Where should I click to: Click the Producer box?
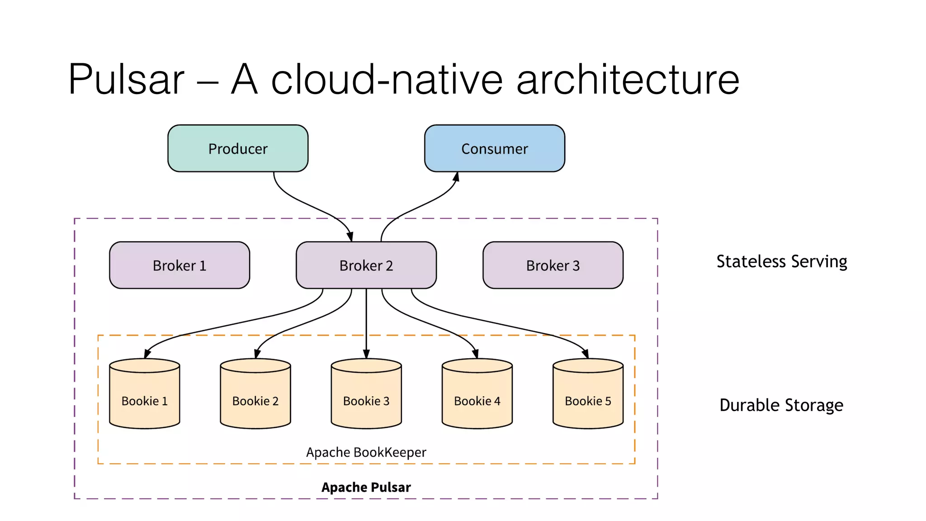pyautogui.click(x=238, y=148)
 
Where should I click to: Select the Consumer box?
pyautogui.click(x=494, y=148)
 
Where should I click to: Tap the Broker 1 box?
pyautogui.click(x=180, y=265)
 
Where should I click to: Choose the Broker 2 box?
pyautogui.click(x=366, y=265)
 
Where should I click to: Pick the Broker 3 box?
pyautogui.click(x=553, y=265)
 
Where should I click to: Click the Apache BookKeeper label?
pyautogui.click(x=366, y=452)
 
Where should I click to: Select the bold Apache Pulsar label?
pyautogui.click(x=366, y=487)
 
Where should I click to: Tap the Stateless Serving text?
pyautogui.click(x=781, y=261)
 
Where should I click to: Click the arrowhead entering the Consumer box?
pyautogui.click(x=456, y=177)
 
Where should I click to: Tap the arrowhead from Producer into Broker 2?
pyautogui.click(x=350, y=237)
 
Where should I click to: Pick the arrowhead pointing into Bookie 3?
pyautogui.click(x=366, y=354)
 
